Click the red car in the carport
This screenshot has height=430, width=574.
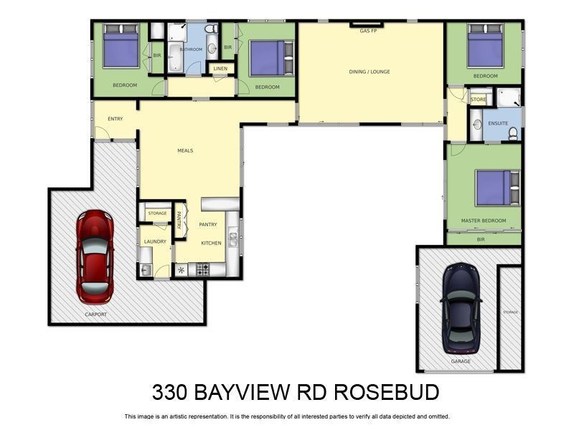[x=95, y=255]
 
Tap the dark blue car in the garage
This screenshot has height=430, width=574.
[x=460, y=308]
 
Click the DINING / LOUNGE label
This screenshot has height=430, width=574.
[x=370, y=72]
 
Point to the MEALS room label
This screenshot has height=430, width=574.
[x=185, y=150]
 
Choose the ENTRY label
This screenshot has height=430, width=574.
[x=114, y=118]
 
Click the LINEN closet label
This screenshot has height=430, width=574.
[x=220, y=69]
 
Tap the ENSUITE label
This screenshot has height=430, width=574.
[x=498, y=123]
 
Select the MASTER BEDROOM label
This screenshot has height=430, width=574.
[x=483, y=221]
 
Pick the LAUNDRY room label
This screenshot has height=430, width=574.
[x=155, y=242]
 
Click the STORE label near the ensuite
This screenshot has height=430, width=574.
[x=479, y=99]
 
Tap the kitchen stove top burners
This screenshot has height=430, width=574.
[x=203, y=269]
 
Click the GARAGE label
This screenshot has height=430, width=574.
[x=461, y=361]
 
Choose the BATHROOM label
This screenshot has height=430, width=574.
[x=191, y=49]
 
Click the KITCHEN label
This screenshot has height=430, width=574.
[x=211, y=243]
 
